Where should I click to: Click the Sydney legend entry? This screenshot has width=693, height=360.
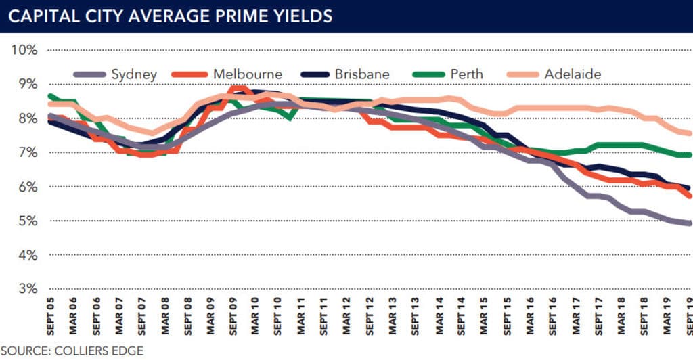click(134, 74)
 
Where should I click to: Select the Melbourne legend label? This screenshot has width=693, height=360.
click(247, 74)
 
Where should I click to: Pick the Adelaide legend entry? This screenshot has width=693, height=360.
click(573, 74)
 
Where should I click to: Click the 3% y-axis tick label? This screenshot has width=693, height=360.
click(26, 289)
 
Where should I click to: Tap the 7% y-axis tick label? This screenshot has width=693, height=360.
click(26, 152)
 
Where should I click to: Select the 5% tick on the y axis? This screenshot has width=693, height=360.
click(26, 221)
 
